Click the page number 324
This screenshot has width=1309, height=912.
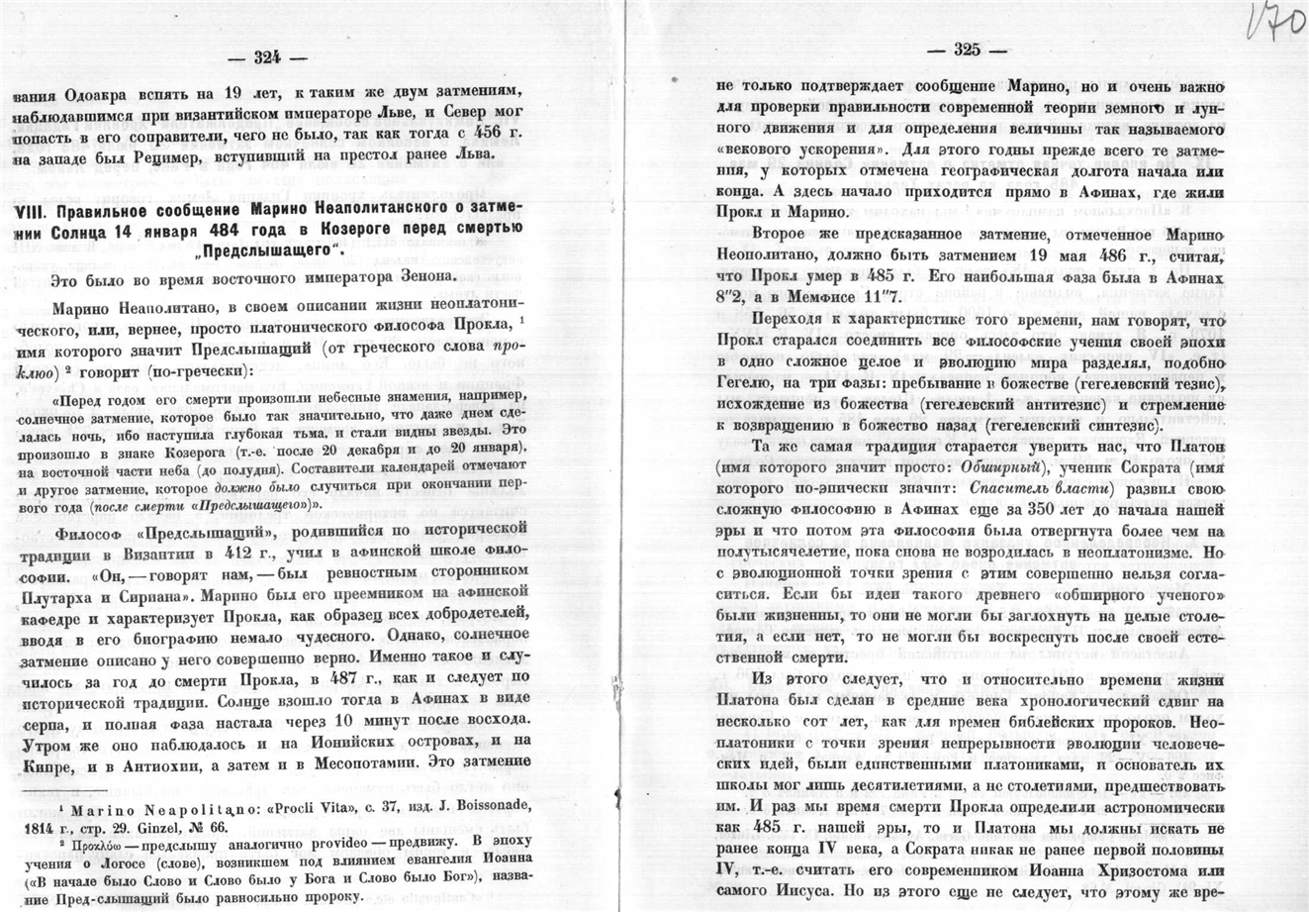coord(267,56)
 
